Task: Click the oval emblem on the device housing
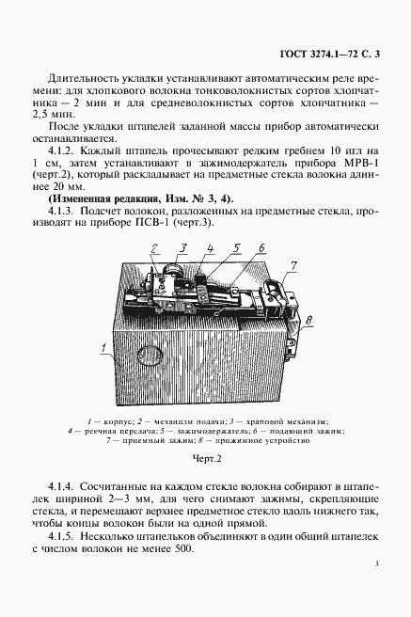pyautogui.click(x=152, y=358)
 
